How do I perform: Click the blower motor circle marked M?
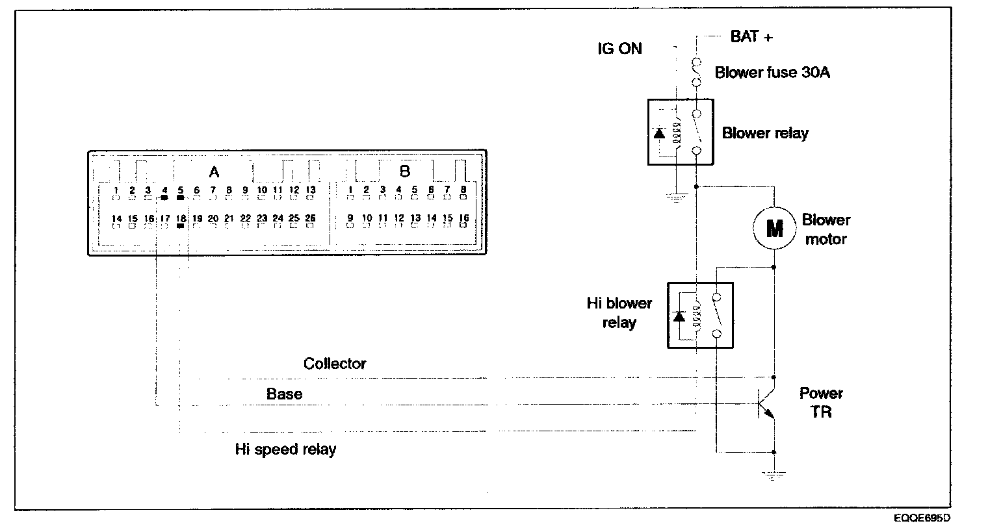(x=774, y=229)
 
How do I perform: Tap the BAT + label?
(x=751, y=36)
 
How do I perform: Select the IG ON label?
(x=619, y=49)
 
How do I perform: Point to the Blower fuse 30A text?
(x=772, y=72)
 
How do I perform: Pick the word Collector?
(x=335, y=364)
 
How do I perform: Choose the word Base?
(x=284, y=394)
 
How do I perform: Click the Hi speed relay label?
(x=285, y=449)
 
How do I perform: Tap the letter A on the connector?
(x=213, y=172)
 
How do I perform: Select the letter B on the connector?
(x=405, y=171)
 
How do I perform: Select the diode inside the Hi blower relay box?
(x=679, y=316)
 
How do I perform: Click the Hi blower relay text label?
(x=619, y=312)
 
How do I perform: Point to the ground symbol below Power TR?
(x=773, y=475)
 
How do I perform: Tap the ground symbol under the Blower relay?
(x=675, y=197)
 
